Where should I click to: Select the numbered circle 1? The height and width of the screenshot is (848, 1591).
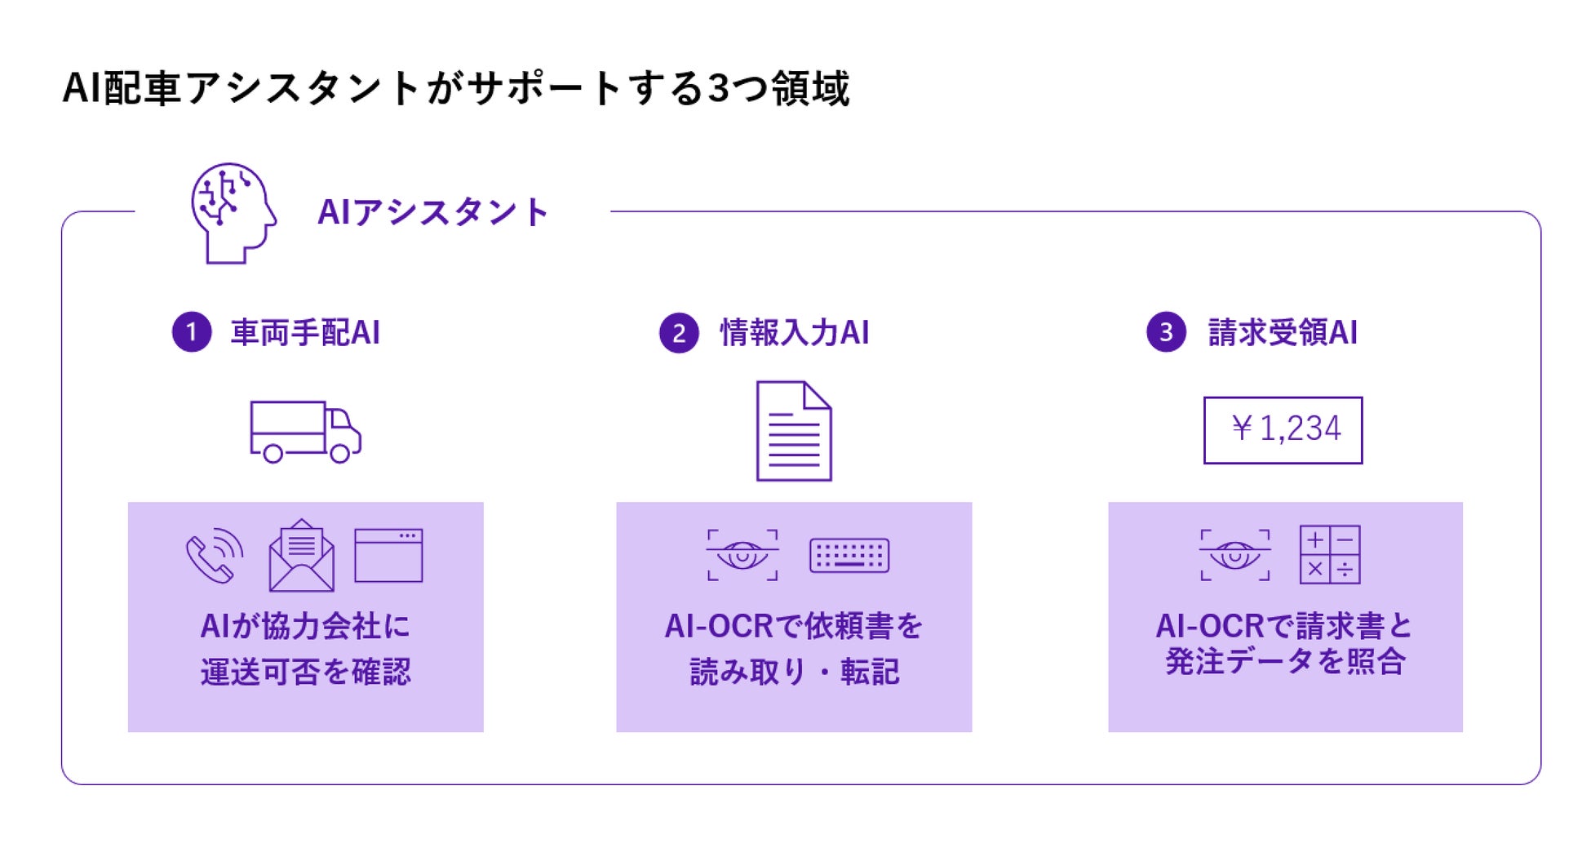[x=192, y=332]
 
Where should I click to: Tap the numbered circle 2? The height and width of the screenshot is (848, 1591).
[x=679, y=333]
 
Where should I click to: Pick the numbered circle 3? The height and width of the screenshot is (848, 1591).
[x=1166, y=332]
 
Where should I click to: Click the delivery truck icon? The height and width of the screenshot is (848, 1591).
[x=305, y=432]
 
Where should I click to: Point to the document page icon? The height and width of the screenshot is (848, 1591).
[x=794, y=431]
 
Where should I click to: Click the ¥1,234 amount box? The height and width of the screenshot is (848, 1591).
[x=1283, y=430]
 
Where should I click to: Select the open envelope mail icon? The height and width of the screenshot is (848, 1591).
[x=302, y=556]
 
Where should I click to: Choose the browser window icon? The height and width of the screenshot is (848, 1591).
[x=388, y=556]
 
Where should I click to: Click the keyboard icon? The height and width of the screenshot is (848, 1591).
[x=849, y=556]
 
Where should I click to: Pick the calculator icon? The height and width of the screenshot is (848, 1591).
[x=1329, y=555]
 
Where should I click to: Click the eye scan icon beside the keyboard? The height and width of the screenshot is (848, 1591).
[x=742, y=556]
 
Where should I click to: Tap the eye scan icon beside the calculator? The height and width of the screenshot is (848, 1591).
[x=1234, y=556]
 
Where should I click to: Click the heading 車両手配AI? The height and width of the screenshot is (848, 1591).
[x=305, y=333]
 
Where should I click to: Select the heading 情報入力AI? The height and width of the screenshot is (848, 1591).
[x=794, y=333]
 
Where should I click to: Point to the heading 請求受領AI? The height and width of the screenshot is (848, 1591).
[x=1283, y=333]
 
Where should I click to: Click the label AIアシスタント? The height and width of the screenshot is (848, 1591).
[x=432, y=212]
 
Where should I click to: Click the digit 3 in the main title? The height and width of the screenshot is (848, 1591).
[x=718, y=88]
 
